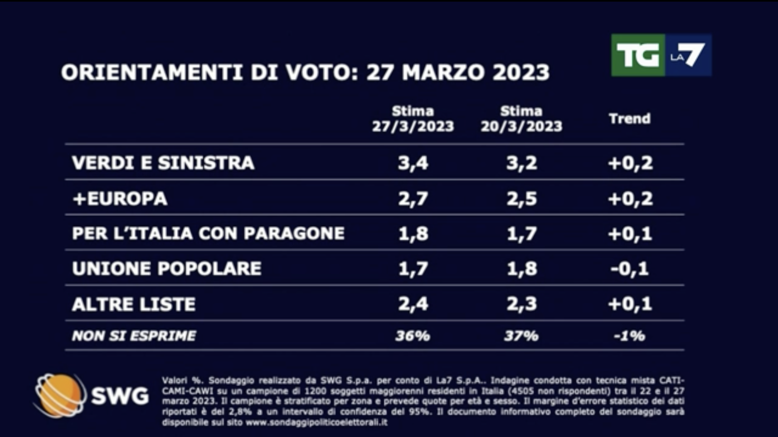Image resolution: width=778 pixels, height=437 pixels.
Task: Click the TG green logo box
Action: pos(638,55)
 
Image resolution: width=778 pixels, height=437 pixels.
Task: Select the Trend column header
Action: pos(630,119)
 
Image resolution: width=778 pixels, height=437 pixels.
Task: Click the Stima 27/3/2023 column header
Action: pos(413,119)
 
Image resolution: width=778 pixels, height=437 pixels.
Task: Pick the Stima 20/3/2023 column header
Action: pos(521,119)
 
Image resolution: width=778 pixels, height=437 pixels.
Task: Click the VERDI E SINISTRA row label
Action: pos(163,163)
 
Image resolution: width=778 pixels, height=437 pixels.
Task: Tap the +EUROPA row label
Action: pos(120,199)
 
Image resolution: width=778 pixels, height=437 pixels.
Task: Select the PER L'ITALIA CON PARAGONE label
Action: pos(208,233)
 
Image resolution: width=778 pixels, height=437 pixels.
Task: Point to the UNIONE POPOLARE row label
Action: pos(167,268)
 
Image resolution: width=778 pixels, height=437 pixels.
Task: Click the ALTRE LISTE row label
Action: pos(134,304)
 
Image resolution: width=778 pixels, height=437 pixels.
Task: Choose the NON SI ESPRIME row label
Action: pos(134,336)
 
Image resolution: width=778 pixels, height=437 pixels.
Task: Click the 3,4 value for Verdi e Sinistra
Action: pos(413,163)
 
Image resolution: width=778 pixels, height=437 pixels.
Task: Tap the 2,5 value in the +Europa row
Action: pos(522,199)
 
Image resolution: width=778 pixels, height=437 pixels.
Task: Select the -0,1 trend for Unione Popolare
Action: pos(630,268)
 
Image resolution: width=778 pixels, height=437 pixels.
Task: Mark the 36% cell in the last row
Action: pos(413,336)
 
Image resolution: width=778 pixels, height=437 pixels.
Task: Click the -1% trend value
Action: pos(630,336)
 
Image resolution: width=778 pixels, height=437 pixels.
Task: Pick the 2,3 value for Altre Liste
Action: pos(522,304)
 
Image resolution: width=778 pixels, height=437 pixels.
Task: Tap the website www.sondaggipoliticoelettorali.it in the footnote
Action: pos(316,422)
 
